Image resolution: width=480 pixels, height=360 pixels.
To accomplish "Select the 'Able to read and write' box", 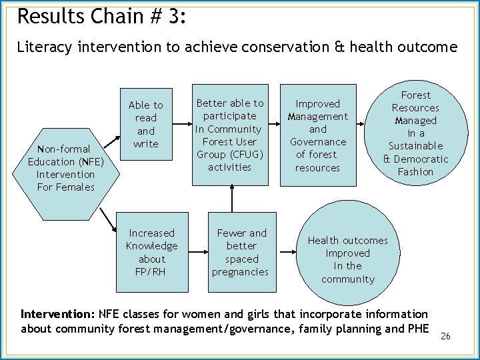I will [145, 124].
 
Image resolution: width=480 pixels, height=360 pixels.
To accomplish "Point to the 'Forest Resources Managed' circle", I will [415, 133].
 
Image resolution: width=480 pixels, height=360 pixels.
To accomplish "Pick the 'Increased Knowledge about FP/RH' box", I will [151, 252].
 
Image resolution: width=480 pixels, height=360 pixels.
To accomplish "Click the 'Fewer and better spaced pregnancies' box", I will [241, 252].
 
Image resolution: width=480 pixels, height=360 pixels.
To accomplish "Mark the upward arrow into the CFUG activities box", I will [231, 199].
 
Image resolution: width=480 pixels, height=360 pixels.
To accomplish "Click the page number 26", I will [445, 336].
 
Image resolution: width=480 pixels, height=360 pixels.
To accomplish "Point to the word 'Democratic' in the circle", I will [421, 159].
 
